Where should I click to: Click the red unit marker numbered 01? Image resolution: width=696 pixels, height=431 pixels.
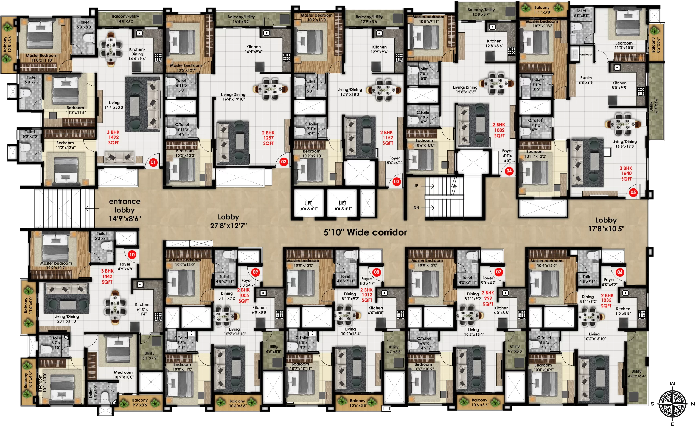pyautogui.click(x=153, y=162)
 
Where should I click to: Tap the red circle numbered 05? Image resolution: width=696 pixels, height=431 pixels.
pyautogui.click(x=633, y=192)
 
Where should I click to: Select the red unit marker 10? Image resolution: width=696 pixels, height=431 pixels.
pyautogui.click(x=132, y=254)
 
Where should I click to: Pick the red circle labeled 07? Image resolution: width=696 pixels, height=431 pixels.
pyautogui.click(x=498, y=272)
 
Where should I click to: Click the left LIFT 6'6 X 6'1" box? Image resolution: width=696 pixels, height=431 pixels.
pyautogui.click(x=308, y=205)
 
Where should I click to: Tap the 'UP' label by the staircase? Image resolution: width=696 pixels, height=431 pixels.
pyautogui.click(x=415, y=185)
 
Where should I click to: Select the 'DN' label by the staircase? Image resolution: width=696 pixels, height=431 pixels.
pyautogui.click(x=416, y=208)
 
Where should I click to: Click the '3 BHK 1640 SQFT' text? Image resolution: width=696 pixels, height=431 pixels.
pyautogui.click(x=626, y=173)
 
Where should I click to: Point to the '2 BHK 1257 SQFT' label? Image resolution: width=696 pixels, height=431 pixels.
pyautogui.click(x=268, y=138)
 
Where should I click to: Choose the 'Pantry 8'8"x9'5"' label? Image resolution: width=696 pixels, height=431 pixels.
pyautogui.click(x=586, y=80)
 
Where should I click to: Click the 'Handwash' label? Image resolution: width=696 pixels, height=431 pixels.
pyautogui.click(x=585, y=54)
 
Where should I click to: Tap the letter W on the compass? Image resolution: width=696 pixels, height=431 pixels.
pyautogui.click(x=672, y=383)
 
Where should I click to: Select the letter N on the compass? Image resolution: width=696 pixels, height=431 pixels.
pyautogui.click(x=692, y=404)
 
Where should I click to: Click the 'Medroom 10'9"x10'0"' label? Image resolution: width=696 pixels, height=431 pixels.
pyautogui.click(x=123, y=375)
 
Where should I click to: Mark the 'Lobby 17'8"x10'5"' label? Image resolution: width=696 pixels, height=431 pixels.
pyautogui.click(x=606, y=224)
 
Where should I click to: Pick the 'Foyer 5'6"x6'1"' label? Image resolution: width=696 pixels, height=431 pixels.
pyautogui.click(x=394, y=161)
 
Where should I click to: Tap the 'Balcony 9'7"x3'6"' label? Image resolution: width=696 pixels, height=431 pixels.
pyautogui.click(x=140, y=402)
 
